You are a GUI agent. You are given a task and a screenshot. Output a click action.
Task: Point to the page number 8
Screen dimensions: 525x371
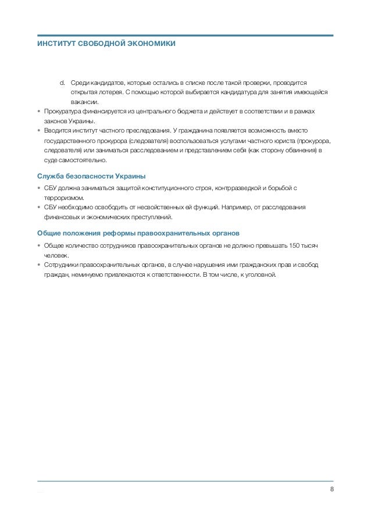pyautogui.click(x=331, y=488)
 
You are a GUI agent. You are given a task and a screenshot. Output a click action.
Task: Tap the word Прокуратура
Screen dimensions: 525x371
pyautogui.click(x=60, y=112)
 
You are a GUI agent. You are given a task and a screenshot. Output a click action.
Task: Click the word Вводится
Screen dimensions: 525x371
pyautogui.click(x=56, y=131)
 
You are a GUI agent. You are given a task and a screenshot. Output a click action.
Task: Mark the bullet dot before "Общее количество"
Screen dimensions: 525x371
pyautogui.click(x=38, y=245)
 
